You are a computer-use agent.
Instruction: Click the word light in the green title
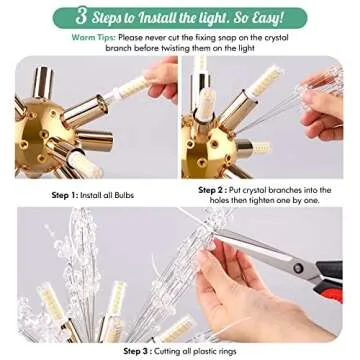200,17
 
